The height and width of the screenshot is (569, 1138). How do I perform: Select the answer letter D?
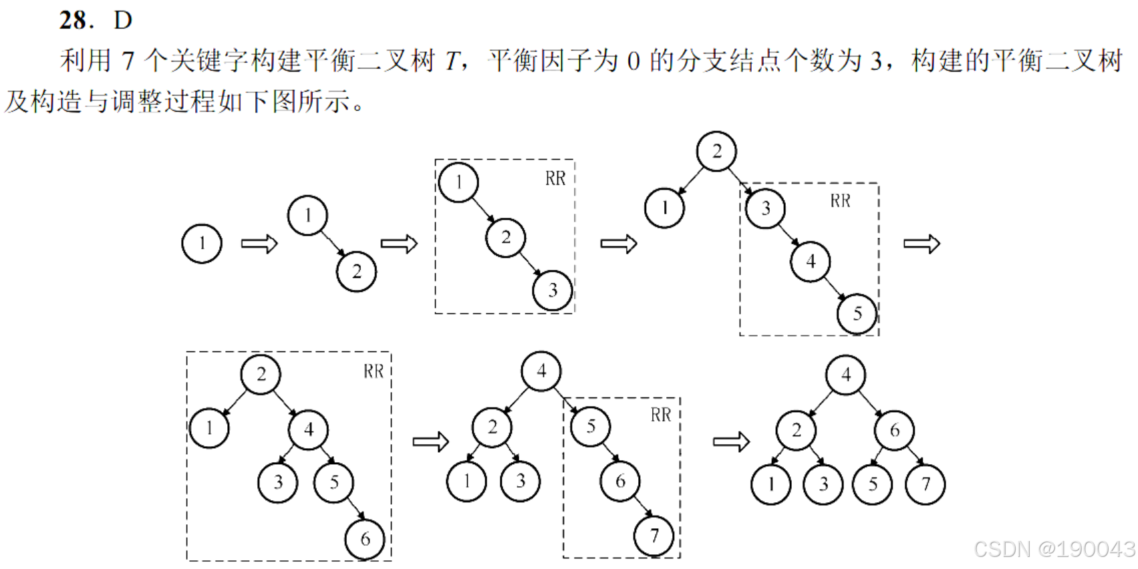coord(123,20)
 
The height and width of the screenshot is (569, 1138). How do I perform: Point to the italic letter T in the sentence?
coord(452,61)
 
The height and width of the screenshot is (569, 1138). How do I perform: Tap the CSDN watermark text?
coord(1054,549)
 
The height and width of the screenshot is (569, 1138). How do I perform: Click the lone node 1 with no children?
coord(202,244)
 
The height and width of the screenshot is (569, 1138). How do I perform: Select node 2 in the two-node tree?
coord(356,272)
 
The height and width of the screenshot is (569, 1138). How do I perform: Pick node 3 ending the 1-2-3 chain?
coord(552,291)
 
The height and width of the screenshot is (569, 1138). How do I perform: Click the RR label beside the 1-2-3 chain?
coord(555,178)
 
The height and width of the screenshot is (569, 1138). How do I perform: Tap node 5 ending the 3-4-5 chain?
coord(857,314)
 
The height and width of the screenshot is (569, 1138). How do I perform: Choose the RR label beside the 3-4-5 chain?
coord(840,201)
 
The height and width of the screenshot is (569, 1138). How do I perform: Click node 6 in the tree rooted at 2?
coord(365,539)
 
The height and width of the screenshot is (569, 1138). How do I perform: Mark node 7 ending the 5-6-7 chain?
coord(654,536)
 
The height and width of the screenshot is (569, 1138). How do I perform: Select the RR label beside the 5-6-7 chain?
coord(661,415)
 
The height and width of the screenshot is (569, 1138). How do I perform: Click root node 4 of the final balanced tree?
coord(846,375)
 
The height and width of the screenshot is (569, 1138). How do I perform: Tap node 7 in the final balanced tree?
coord(925,484)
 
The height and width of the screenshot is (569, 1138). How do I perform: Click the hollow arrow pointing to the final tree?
coord(732,441)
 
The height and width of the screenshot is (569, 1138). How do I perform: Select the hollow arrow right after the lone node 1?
coord(259,244)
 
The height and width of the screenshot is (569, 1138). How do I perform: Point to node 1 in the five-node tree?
coord(664,208)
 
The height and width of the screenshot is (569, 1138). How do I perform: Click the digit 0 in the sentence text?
coord(633,61)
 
